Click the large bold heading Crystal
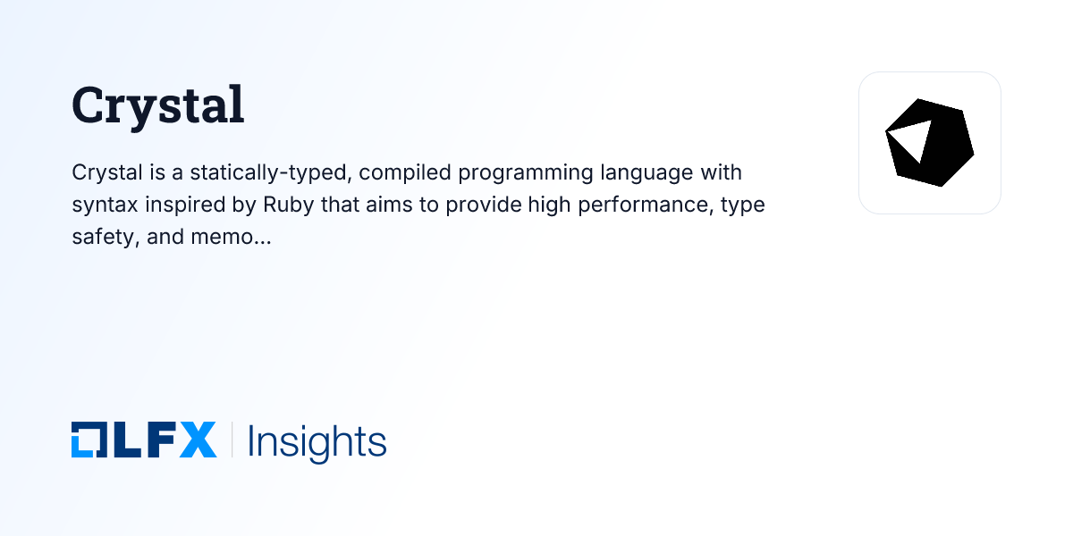point(157,105)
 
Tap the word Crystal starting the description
point(101,171)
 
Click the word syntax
point(100,205)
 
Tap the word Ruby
point(287,204)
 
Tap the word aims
point(391,204)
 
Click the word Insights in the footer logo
point(317,441)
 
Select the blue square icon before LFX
point(88,440)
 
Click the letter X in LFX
point(197,440)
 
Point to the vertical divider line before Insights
point(232,440)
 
